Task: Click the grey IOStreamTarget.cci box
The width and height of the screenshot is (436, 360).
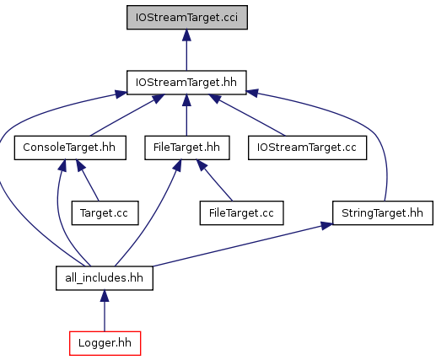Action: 187,17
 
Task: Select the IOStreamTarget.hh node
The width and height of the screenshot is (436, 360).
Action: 186,83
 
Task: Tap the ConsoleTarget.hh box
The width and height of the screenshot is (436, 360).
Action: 70,148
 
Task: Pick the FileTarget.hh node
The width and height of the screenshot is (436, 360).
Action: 187,148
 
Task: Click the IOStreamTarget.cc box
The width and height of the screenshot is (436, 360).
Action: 307,148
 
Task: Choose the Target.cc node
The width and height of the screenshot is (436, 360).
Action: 105,213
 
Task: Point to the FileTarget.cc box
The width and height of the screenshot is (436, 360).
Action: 241,213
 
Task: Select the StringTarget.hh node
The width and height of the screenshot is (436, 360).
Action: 383,213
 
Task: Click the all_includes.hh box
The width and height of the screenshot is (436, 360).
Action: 105,278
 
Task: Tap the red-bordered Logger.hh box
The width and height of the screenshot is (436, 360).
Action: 105,343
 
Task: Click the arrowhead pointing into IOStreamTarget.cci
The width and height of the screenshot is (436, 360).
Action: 186,35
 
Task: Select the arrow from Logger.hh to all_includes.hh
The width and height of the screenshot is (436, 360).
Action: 105,311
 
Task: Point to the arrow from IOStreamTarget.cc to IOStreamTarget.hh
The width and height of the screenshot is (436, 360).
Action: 247,116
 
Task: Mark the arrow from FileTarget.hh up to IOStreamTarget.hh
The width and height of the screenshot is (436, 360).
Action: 186,116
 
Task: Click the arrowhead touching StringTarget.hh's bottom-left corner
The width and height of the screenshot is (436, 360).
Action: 326,226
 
